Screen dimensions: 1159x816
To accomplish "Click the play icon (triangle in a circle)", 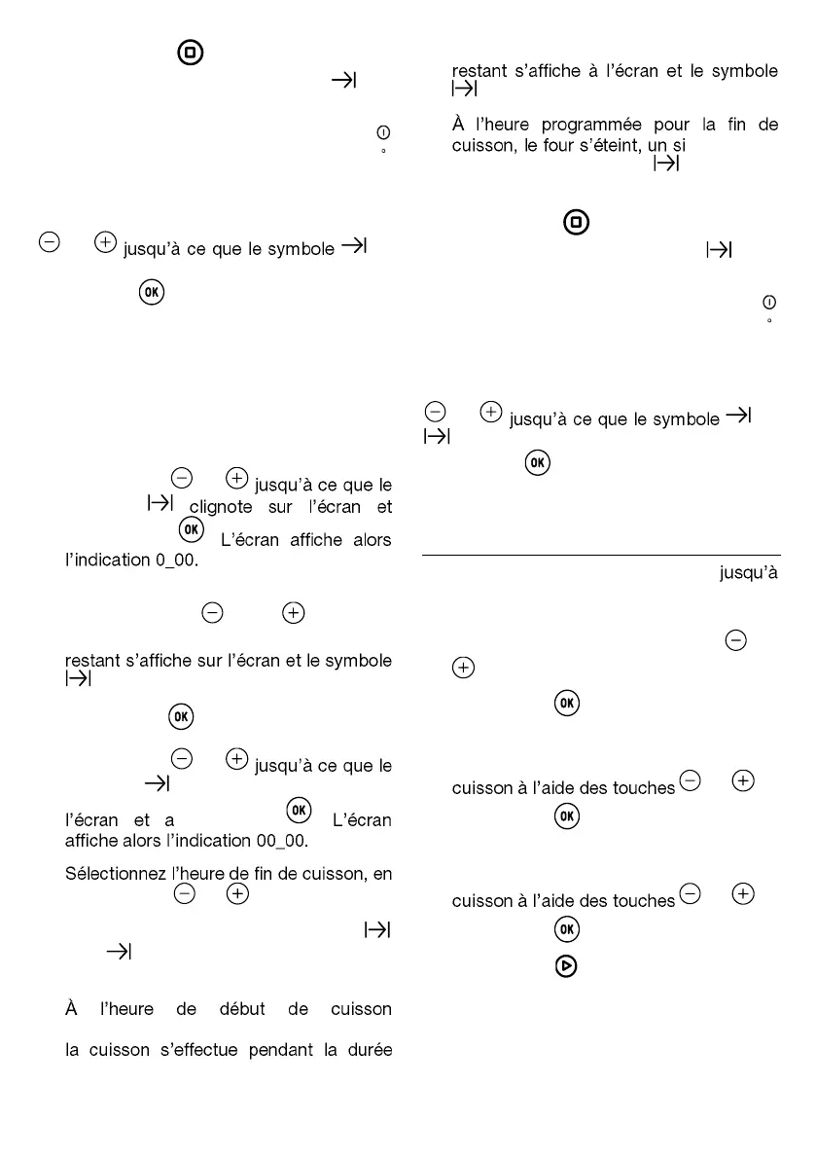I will [x=567, y=966].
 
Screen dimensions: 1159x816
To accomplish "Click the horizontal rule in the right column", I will [x=601, y=556].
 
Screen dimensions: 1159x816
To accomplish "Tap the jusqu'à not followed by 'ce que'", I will [x=749, y=573].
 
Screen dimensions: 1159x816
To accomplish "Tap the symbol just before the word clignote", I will [x=160, y=503].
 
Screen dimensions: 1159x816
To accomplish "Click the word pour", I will [x=661, y=126].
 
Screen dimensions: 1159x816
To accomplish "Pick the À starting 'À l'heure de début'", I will [x=71, y=1008].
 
